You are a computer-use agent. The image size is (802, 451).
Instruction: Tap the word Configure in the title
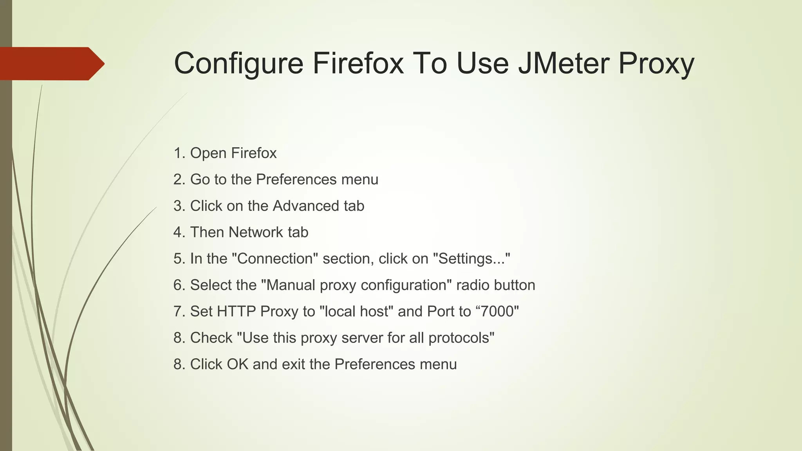(x=238, y=64)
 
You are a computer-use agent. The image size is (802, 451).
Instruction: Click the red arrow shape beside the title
(x=51, y=64)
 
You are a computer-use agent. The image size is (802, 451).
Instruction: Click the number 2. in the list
(x=179, y=180)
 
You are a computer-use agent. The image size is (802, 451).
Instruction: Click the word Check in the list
(x=211, y=338)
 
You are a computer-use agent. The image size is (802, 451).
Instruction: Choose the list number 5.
(x=179, y=259)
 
